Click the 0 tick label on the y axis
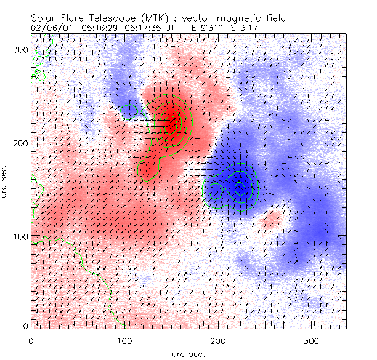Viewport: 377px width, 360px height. pyautogui.click(x=25, y=326)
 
